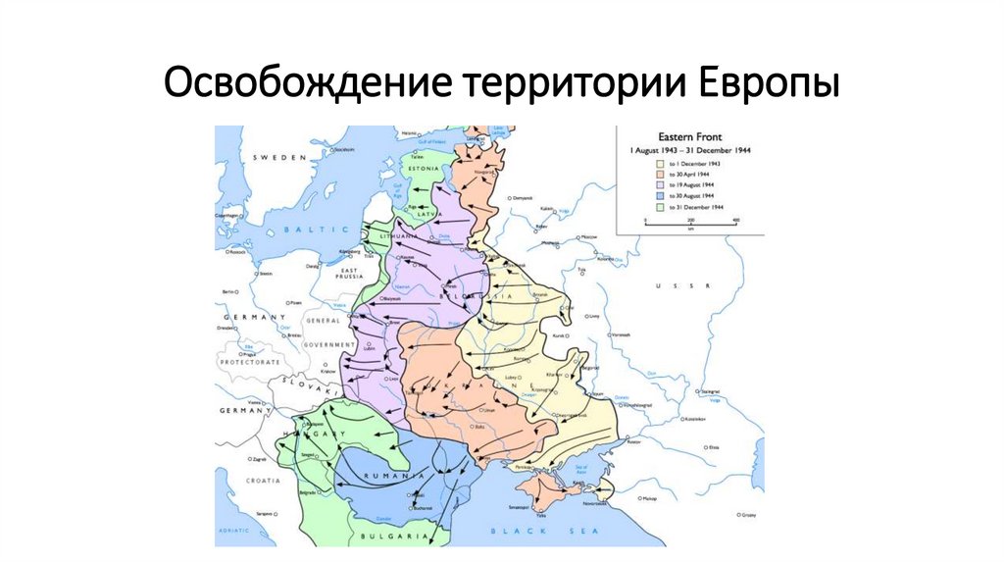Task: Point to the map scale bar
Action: tap(690, 226)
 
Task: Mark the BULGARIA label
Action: tap(393, 537)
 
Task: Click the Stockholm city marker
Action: tap(330, 150)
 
